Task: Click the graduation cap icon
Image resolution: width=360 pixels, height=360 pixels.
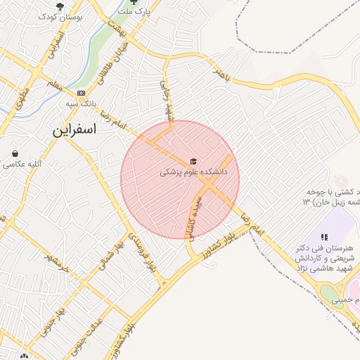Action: pyautogui.click(x=193, y=161)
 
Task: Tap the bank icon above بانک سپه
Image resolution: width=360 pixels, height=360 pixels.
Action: pyautogui.click(x=82, y=93)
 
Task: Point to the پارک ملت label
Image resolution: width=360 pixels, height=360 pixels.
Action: pyautogui.click(x=134, y=12)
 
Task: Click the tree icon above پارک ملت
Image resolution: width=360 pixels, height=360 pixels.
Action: pyautogui.click(x=134, y=2)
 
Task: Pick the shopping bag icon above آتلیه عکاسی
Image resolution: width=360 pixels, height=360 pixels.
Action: pyautogui.click(x=15, y=153)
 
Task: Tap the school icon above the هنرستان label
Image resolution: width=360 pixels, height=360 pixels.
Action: pyautogui.click(x=324, y=238)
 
